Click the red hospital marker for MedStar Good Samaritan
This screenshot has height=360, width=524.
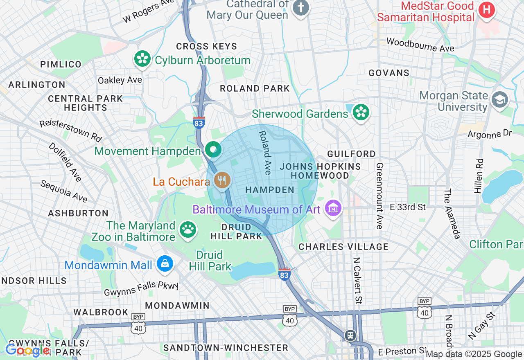[487, 10]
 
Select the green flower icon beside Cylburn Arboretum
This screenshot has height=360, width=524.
[142, 59]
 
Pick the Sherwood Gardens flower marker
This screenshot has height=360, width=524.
[361, 112]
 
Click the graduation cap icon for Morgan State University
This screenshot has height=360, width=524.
[500, 100]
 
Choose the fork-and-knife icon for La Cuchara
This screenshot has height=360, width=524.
[222, 180]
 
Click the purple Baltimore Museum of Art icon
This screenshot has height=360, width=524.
[333, 209]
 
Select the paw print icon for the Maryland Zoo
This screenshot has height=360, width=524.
[188, 229]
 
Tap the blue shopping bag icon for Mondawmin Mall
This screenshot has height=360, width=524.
[165, 264]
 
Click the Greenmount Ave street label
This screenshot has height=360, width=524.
[379, 196]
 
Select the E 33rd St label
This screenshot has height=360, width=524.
[408, 207]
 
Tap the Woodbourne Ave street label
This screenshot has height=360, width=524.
[420, 45]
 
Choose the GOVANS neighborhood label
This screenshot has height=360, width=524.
[389, 73]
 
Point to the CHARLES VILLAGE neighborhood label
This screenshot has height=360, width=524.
[343, 247]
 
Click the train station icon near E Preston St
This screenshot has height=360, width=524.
[350, 335]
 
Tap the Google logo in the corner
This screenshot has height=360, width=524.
[28, 350]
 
